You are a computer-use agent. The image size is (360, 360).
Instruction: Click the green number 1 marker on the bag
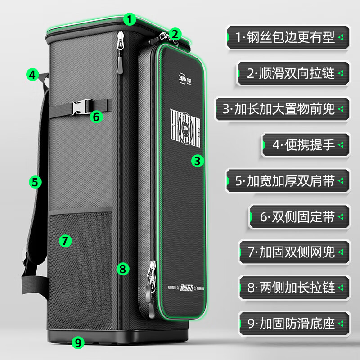coord(130,19)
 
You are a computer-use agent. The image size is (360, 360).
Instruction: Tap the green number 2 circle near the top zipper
coord(175,33)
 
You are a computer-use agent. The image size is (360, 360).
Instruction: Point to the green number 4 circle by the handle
coord(32,74)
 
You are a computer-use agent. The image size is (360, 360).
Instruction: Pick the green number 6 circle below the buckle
coord(96,117)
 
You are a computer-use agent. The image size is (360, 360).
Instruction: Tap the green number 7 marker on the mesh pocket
coord(65,241)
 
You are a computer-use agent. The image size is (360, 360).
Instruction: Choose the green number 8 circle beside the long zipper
coord(123,269)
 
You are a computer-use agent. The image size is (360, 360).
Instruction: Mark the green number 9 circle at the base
coord(78,342)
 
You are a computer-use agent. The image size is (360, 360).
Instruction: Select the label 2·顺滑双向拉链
coord(292,73)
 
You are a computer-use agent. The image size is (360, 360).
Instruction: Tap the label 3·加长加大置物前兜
coord(282,108)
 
